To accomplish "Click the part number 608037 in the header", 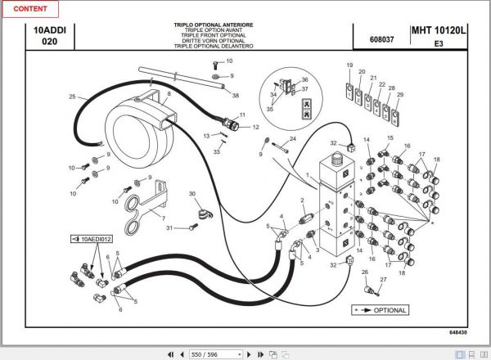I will [x=381, y=38].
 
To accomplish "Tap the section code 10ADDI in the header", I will [x=50, y=30].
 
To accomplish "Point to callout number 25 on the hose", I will [x=72, y=97].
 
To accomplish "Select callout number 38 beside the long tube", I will [x=236, y=96].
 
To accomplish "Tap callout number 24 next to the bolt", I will [x=292, y=139].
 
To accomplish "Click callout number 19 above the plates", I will [x=349, y=65].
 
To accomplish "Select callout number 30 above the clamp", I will [x=191, y=194].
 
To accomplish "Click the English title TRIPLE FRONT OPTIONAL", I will [x=214, y=35].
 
